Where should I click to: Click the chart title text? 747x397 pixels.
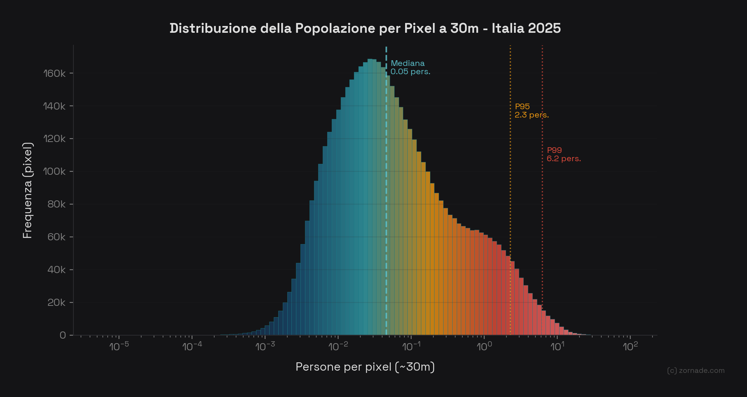tap(365, 28)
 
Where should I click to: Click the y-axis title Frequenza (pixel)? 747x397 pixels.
tap(28, 190)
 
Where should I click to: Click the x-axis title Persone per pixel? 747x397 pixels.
tap(365, 366)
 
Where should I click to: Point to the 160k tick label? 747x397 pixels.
tap(55, 73)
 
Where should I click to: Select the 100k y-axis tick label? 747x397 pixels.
tap(55, 172)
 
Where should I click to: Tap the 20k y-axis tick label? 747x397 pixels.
tap(56, 303)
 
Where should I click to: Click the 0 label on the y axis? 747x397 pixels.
tap(63, 336)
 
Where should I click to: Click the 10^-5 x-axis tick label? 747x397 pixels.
tap(119, 346)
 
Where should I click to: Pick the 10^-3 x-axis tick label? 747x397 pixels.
tap(265, 346)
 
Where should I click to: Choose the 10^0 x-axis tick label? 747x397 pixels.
tap(484, 346)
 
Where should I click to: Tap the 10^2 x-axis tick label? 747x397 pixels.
tap(630, 346)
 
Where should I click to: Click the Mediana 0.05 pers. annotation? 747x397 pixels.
tap(410, 67)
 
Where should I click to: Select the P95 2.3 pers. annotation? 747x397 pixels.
tap(531, 111)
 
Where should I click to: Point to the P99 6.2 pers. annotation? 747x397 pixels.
tap(563, 154)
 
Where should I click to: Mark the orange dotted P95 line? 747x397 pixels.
tap(510, 188)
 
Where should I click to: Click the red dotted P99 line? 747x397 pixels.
tap(542, 226)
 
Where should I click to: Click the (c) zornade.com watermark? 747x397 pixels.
tap(695, 371)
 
